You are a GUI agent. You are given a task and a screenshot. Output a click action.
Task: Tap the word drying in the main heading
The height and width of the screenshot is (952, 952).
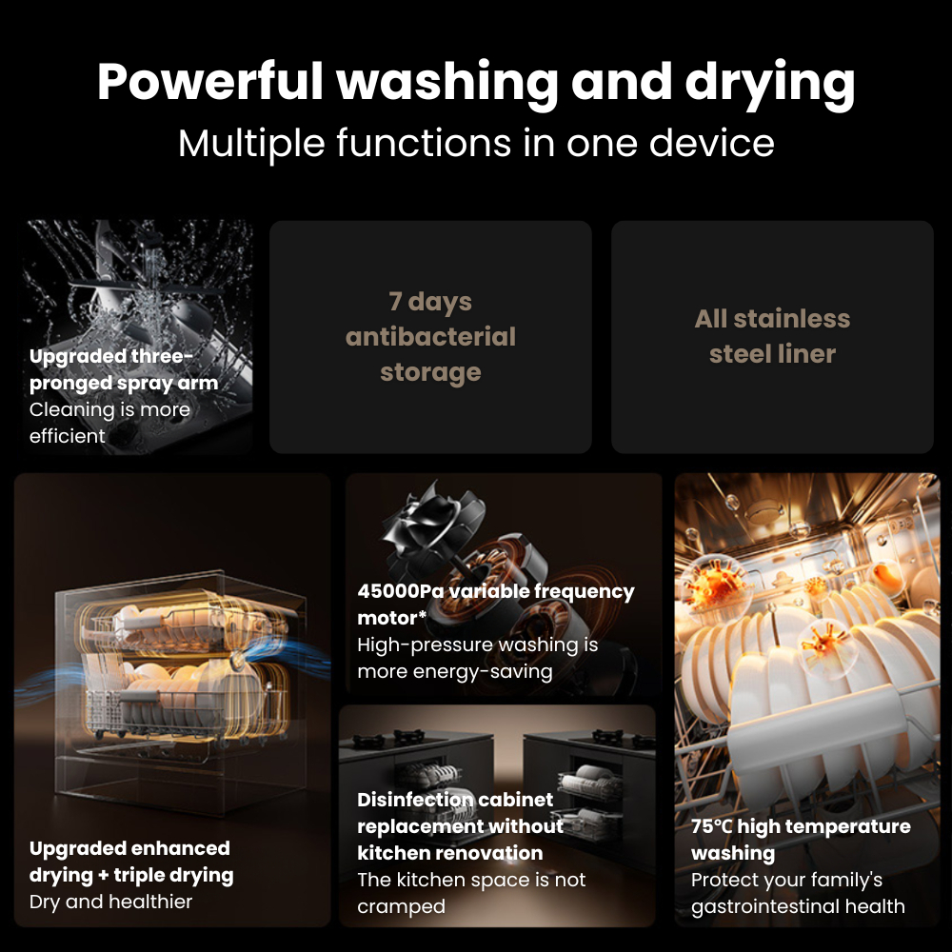[770, 85]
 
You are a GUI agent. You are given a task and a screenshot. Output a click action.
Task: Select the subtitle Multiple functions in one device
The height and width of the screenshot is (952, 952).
[476, 143]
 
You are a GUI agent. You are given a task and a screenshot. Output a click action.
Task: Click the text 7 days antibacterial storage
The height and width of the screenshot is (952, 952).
[430, 337]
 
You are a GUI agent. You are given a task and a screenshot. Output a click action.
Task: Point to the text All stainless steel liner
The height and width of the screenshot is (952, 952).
[772, 336]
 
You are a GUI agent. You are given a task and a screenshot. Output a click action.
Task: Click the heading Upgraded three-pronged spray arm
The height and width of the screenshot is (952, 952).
[124, 369]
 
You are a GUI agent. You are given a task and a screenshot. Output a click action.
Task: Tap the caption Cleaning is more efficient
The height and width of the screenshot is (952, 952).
[109, 423]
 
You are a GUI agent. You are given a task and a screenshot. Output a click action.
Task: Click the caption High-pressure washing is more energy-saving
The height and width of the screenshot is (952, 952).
[477, 658]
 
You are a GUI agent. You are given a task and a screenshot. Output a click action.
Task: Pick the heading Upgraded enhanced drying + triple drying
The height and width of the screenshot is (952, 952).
[131, 862]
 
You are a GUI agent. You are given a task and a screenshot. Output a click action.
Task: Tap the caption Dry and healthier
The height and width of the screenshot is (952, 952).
[110, 902]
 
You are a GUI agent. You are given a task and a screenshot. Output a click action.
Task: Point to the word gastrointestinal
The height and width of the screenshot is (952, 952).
[764, 906]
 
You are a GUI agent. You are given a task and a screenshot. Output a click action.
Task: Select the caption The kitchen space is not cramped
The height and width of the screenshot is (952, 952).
[471, 893]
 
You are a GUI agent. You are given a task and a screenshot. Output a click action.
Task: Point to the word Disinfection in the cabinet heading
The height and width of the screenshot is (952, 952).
[407, 800]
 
